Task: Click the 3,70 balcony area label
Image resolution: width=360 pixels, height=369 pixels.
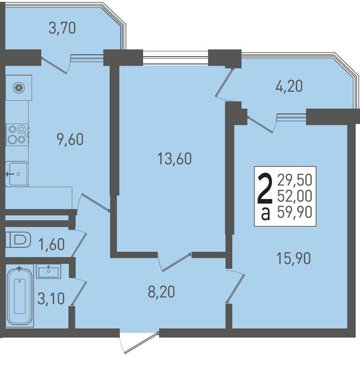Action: tap(62, 28)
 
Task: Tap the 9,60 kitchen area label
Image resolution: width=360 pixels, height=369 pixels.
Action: tap(70, 139)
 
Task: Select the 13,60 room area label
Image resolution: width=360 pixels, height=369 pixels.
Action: tap(175, 159)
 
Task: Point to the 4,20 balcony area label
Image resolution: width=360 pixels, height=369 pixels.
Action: tap(289, 86)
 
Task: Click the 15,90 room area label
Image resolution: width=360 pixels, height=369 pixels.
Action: tap(293, 258)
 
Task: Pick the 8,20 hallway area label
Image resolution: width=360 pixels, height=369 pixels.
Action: tap(161, 292)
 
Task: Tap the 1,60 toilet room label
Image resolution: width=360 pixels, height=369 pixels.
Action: tap(51, 244)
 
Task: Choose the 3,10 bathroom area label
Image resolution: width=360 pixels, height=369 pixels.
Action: tap(51, 298)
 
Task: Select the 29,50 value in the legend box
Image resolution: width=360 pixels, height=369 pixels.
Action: tap(295, 180)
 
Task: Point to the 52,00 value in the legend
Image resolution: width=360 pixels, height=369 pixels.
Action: tap(295, 196)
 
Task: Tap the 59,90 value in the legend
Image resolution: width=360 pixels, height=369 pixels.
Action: tap(295, 212)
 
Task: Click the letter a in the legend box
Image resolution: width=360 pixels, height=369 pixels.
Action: tap(266, 214)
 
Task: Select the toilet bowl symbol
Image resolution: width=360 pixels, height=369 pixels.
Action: tap(18, 240)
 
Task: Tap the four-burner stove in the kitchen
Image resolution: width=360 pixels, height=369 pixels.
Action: tap(17, 135)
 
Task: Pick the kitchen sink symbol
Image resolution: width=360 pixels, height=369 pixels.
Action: tap(17, 174)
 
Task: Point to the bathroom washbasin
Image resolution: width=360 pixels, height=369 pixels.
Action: tap(49, 271)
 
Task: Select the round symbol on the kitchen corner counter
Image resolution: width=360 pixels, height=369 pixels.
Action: tap(19, 88)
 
